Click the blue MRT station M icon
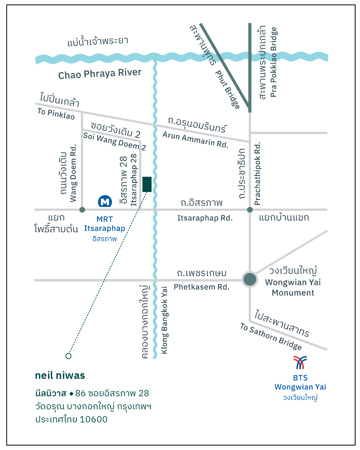tap(105, 202)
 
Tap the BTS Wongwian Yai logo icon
tap(300, 362)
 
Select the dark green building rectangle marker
tap(147, 184)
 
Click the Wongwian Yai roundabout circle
tap(250, 280)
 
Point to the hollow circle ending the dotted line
tap(68, 356)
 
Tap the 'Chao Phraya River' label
tap(100, 74)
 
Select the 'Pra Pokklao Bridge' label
tap(273, 62)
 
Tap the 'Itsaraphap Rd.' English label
tap(205, 218)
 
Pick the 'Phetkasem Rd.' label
tap(202, 287)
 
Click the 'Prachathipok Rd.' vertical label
tap(257, 174)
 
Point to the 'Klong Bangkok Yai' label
tap(165, 320)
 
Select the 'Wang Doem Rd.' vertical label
tap(73, 173)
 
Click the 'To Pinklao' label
tap(56, 114)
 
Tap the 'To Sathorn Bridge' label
tap(271, 336)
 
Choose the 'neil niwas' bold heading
tap(60, 375)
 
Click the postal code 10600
tap(93, 419)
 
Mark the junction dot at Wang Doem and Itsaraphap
tap(82, 210)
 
